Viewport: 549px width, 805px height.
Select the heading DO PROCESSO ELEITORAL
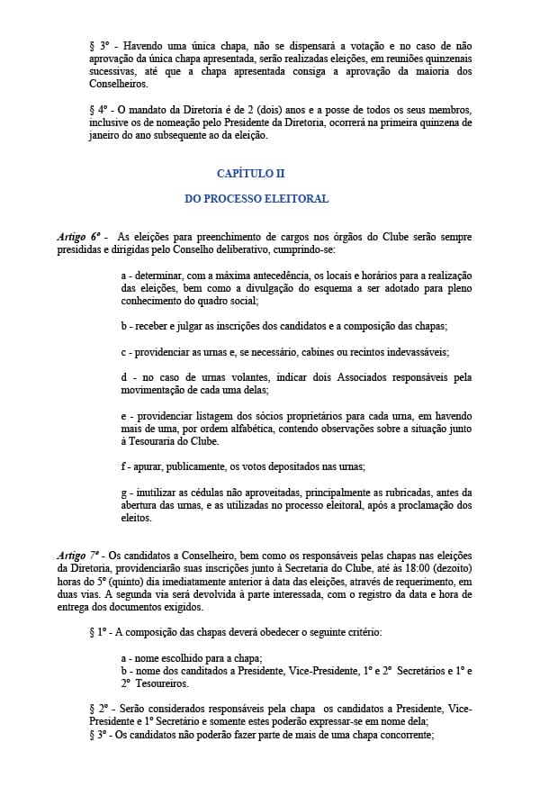tap(256, 198)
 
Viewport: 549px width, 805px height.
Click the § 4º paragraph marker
tap(98, 110)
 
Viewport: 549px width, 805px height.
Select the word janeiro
tap(106, 136)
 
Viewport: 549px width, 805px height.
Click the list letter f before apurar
tap(122, 466)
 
